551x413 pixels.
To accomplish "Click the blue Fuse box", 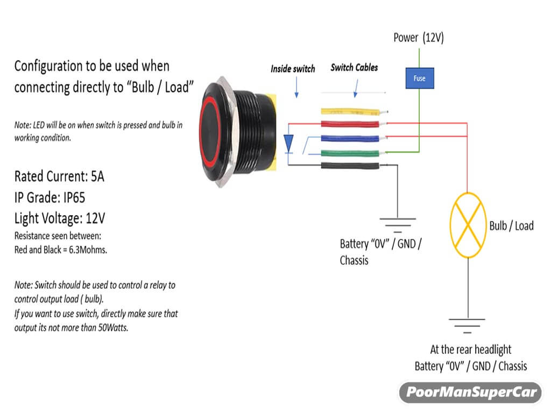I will click(419, 79).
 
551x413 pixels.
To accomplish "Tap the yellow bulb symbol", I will click(468, 225).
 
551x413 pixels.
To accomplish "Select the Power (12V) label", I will click(419, 38).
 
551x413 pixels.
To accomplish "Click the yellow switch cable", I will click(352, 112).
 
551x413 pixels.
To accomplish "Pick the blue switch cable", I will click(352, 138).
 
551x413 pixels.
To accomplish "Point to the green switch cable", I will click(352, 153).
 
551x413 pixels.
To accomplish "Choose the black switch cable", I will click(352, 166).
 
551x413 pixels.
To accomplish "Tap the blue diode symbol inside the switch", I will click(288, 143).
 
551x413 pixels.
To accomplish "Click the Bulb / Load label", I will click(511, 225).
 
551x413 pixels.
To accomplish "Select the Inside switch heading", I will click(293, 69).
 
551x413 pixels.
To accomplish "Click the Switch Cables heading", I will click(354, 68).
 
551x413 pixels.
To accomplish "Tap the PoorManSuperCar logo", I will click(472, 392).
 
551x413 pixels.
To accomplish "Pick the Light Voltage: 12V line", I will click(60, 218).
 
